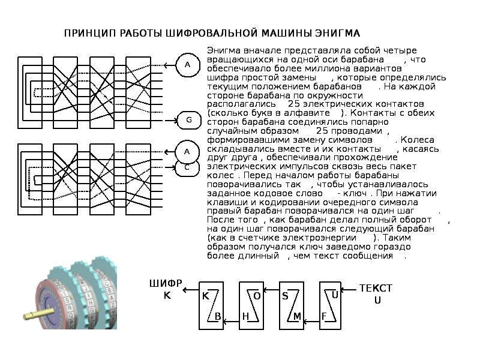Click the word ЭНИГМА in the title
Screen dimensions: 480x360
337,33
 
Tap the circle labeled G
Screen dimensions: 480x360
189,120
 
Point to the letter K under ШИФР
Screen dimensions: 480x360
167,295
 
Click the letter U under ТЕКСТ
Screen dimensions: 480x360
377,301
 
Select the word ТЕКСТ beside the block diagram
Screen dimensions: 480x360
376,288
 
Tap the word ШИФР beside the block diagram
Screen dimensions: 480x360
166,283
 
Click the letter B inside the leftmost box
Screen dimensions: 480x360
218,317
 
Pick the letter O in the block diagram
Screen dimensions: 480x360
257,296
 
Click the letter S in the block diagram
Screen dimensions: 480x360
285,296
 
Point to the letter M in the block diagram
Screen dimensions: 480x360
297,317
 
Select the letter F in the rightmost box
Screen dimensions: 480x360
324,316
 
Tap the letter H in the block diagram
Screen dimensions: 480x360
245,317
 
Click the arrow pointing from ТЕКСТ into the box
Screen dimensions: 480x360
349,289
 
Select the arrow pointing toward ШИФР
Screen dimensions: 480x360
191,289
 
